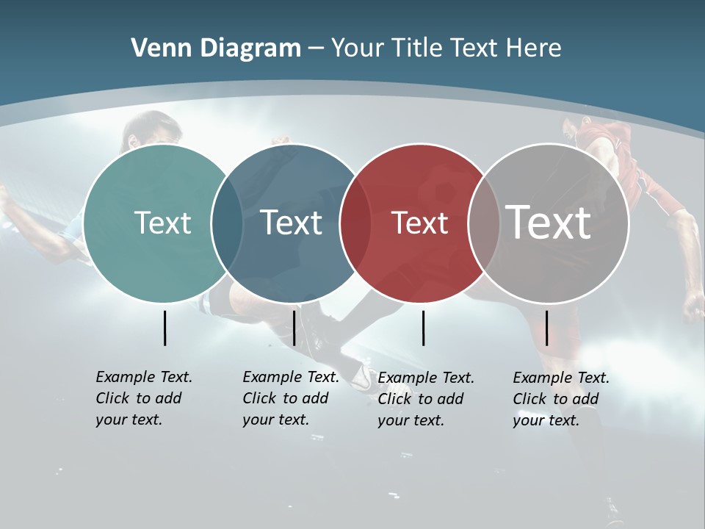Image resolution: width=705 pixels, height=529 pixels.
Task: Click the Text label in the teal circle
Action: [162, 223]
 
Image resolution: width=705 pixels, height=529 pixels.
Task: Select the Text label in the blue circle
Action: [292, 223]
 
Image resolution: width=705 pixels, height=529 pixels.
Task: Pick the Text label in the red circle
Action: [420, 223]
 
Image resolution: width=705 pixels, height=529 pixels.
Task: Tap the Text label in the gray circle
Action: [549, 222]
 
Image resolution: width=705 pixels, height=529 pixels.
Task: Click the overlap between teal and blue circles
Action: [227, 223]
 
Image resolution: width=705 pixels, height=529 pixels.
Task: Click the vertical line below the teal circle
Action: [164, 328]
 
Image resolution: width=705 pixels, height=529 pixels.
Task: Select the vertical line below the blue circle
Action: [294, 328]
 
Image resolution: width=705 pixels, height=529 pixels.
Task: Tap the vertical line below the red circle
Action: [424, 328]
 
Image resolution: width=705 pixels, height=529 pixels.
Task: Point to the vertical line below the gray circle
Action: [547, 328]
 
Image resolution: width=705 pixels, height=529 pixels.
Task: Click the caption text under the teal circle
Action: [143, 398]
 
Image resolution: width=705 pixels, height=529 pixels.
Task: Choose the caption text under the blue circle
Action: [290, 398]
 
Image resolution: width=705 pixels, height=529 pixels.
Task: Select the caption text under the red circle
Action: [425, 399]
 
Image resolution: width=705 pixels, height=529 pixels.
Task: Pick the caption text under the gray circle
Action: [560, 399]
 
